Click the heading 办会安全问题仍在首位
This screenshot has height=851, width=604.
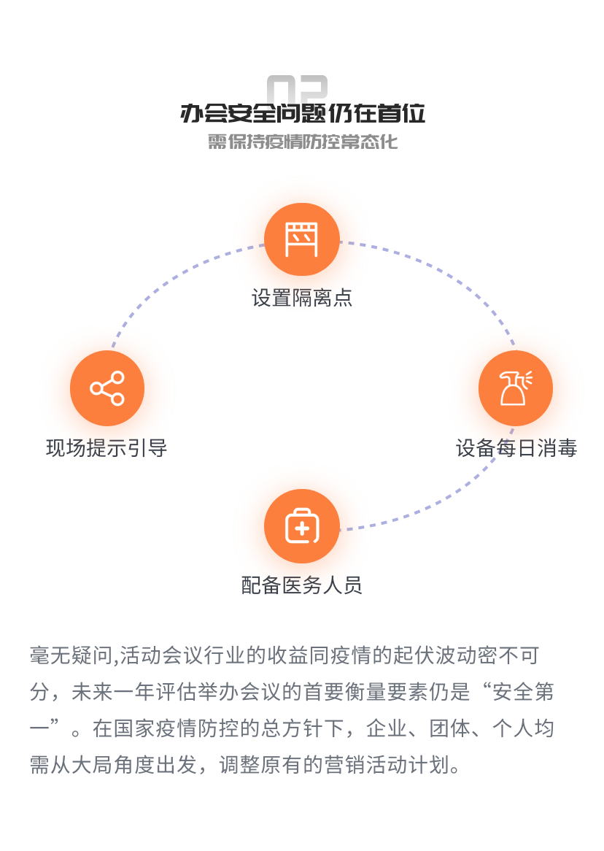click(x=302, y=113)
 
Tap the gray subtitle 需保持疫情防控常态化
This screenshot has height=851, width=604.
click(x=302, y=142)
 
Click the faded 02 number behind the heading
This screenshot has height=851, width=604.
click(x=298, y=88)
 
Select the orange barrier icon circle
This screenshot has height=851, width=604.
click(x=302, y=239)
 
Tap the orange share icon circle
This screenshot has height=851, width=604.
click(x=107, y=388)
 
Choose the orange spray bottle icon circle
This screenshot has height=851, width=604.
click(x=516, y=388)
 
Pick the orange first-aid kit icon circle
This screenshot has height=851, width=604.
click(x=302, y=526)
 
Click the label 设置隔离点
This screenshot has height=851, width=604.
click(x=302, y=298)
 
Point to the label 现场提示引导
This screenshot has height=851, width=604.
click(x=107, y=448)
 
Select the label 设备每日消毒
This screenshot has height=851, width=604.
click(x=516, y=448)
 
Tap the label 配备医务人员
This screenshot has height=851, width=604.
click(x=302, y=585)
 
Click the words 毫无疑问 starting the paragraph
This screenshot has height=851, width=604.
click(x=71, y=655)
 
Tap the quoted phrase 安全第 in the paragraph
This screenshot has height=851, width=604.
click(x=523, y=692)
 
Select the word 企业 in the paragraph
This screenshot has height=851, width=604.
click(x=387, y=728)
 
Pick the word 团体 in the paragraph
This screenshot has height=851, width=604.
click(x=450, y=728)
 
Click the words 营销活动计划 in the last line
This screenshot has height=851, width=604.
click(x=387, y=765)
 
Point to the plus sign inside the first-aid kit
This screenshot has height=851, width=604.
click(x=302, y=528)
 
